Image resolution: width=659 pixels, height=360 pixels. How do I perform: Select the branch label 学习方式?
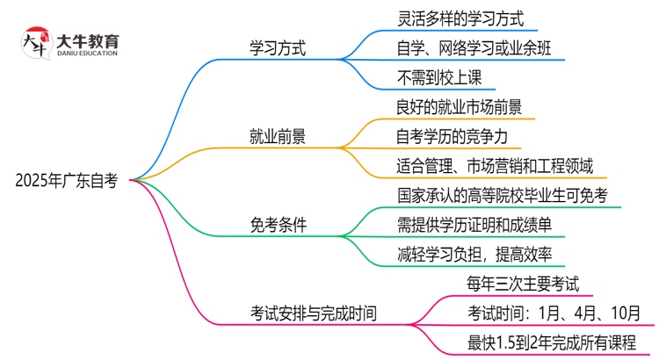[279, 47]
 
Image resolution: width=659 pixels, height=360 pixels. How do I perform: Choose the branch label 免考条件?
[279, 225]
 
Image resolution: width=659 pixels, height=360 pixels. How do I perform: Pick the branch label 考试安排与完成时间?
[314, 313]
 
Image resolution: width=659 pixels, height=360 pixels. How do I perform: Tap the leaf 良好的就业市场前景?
[460, 106]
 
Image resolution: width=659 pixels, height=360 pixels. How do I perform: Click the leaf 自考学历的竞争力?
[452, 136]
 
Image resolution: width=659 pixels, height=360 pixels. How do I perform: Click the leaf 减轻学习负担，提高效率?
[474, 255]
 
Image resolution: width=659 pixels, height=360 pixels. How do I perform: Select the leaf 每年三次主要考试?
[523, 284]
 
